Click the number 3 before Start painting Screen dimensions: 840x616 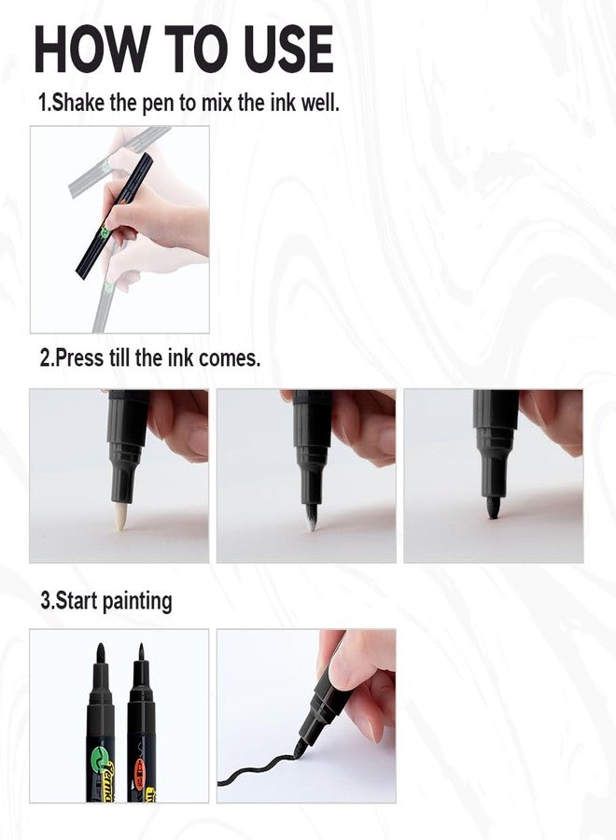(x=45, y=600)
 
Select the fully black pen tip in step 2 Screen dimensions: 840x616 (x=493, y=509)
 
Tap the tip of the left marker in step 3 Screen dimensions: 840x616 (x=100, y=652)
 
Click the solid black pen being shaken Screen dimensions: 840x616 (x=115, y=215)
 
